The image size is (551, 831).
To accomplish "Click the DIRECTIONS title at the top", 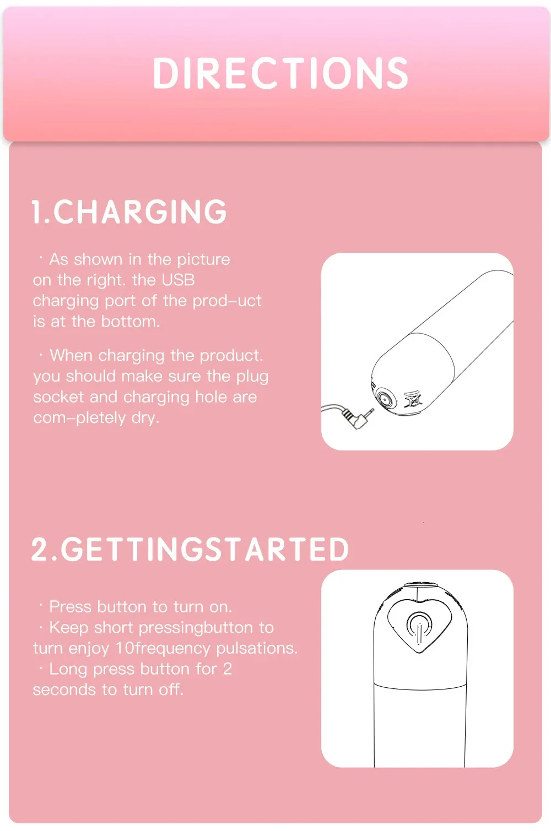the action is (280, 73).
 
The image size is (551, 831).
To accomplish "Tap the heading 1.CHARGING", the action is (129, 211).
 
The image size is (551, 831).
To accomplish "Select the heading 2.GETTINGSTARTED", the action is (190, 549).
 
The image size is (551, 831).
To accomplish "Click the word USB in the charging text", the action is (178, 280).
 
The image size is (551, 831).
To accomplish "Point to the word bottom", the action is (131, 322).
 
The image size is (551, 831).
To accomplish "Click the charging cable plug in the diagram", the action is (358, 418).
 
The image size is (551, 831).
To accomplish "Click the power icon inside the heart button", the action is (419, 627).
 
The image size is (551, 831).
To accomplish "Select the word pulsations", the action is (257, 649).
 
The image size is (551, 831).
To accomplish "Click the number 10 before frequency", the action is (125, 649).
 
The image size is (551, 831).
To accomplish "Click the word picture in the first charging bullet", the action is (203, 260).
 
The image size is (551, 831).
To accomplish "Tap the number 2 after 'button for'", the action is (227, 669).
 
